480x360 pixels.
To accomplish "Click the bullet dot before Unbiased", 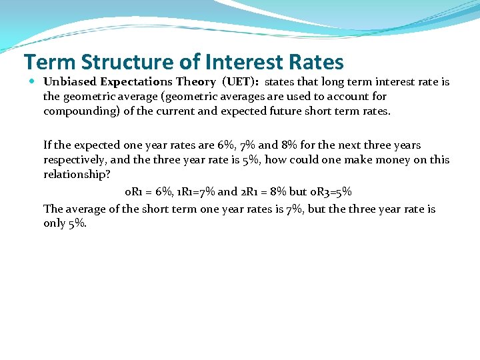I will click(x=33, y=82).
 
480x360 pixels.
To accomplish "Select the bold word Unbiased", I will click(x=71, y=82).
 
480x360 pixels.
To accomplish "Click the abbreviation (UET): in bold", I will click(x=240, y=82).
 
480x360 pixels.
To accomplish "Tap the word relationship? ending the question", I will click(x=77, y=174).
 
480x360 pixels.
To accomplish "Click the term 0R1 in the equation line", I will click(x=133, y=192).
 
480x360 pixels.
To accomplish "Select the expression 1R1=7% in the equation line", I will click(x=193, y=192).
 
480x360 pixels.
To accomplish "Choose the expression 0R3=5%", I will click(x=331, y=192).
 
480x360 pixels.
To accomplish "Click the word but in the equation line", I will click(x=298, y=192).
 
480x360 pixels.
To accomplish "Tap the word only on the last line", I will click(x=55, y=224).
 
